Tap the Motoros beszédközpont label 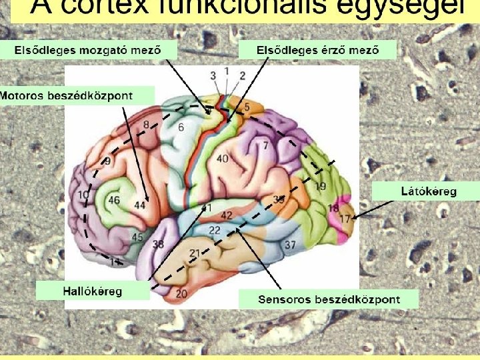pyautogui.click(x=67, y=95)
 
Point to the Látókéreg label pyautogui.click(x=429, y=191)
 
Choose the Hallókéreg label pyautogui.click(x=92, y=291)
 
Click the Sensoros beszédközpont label pyautogui.click(x=329, y=299)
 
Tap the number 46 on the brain pyautogui.click(x=114, y=199)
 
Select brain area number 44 pyautogui.click(x=140, y=205)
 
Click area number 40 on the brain pyautogui.click(x=223, y=158)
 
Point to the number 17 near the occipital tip pyautogui.click(x=345, y=218)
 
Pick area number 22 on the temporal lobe pyautogui.click(x=215, y=230)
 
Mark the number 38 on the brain pyautogui.click(x=158, y=245)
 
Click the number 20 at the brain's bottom pyautogui.click(x=181, y=293)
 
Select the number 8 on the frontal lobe pyautogui.click(x=146, y=125)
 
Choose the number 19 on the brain pyautogui.click(x=321, y=186)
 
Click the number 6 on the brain pyautogui.click(x=181, y=127)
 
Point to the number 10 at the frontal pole pyautogui.click(x=83, y=195)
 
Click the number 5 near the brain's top pyautogui.click(x=247, y=106)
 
